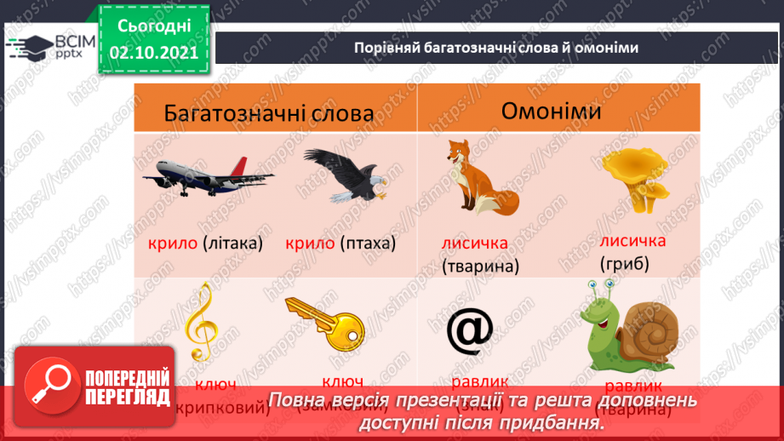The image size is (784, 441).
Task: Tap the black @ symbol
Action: point(470,331)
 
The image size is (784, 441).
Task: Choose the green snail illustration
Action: point(625,328)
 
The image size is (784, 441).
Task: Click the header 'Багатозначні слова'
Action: point(269,113)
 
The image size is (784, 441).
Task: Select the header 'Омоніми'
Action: point(551,112)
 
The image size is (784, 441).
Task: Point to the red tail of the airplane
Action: point(239,165)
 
